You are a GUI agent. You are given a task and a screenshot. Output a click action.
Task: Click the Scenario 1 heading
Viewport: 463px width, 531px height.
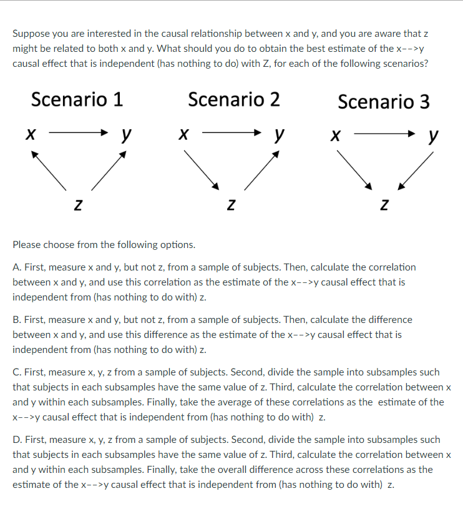[77, 99]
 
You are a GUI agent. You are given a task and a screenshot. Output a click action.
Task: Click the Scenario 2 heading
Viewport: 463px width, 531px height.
[233, 99]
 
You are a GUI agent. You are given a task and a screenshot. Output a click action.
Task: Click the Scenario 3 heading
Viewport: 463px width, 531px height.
[383, 102]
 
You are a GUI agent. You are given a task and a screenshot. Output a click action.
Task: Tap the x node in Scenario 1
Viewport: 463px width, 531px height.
[29, 133]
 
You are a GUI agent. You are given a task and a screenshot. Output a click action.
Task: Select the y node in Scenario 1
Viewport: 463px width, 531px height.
[126, 134]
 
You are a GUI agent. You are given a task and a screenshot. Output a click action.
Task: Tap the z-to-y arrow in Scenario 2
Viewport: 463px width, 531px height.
[261, 169]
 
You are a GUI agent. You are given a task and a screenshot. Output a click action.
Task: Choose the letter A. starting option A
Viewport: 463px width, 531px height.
[17, 267]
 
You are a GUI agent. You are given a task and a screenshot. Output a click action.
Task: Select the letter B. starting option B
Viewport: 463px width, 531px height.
[17, 320]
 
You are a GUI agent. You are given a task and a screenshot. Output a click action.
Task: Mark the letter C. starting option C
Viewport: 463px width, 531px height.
[17, 372]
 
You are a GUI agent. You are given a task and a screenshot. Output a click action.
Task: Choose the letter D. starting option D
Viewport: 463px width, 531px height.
[17, 440]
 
